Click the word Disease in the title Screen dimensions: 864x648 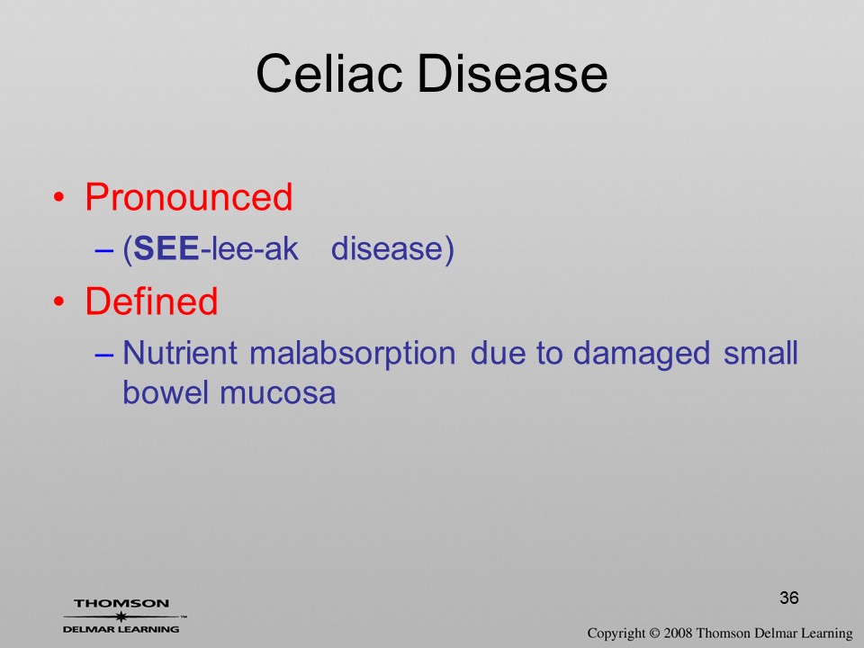point(512,73)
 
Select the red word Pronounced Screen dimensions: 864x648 point(188,197)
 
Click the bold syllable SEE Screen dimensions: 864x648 point(166,248)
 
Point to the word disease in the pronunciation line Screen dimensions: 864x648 point(387,248)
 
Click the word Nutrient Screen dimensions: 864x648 point(180,352)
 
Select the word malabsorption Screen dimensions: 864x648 point(353,354)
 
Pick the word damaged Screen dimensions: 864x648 point(642,354)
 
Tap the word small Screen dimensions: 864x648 point(760,352)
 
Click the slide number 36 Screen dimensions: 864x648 point(789,598)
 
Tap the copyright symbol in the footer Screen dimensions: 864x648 point(654,634)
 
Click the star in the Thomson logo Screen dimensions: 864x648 point(121,616)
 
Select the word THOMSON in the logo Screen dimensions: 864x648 point(121,603)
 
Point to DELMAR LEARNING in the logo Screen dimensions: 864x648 point(121,629)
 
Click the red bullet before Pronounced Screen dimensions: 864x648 point(59,197)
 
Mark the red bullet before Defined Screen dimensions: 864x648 point(59,301)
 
